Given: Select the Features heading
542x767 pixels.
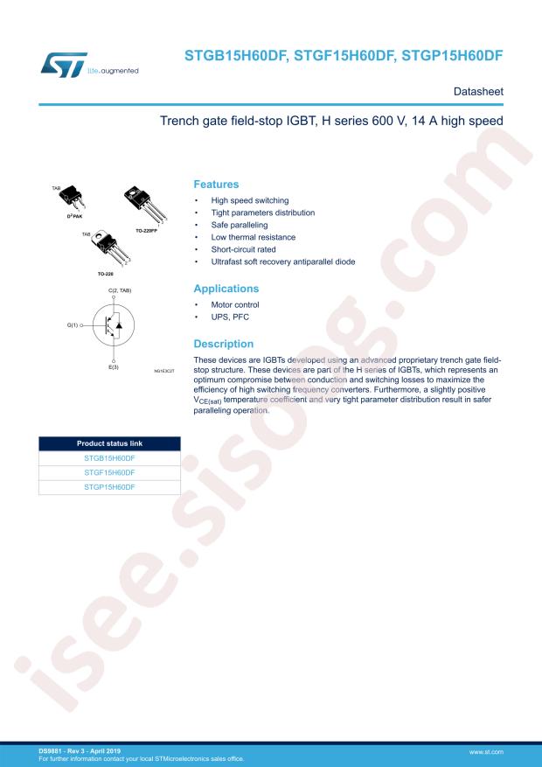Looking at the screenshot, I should pyautogui.click(x=215, y=185).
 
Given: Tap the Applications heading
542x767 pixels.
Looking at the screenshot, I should pyautogui.click(x=226, y=288).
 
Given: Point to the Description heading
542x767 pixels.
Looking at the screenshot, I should pyautogui.click(x=223, y=344).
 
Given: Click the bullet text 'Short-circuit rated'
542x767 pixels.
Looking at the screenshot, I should pyautogui.click(x=243, y=249).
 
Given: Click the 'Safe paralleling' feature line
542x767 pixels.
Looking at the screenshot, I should pyautogui.click(x=235, y=225).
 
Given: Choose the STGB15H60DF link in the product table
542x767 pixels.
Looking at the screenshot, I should pyautogui.click(x=109, y=457).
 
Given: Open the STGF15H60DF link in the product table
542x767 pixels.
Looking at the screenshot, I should pyautogui.click(x=109, y=471).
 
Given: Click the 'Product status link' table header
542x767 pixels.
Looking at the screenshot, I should pyautogui.click(x=109, y=443).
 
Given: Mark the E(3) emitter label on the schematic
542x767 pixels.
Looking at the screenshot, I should pyautogui.click(x=114, y=367).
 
